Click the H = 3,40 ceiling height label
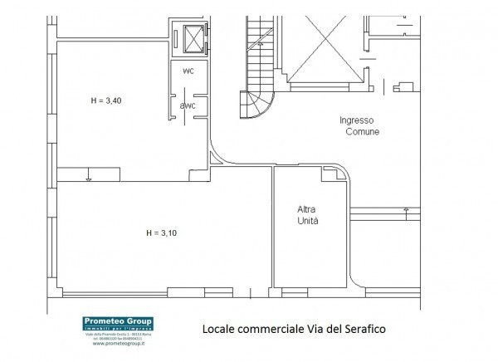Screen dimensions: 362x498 tap(105, 100)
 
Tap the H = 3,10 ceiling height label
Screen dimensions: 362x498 tap(161, 232)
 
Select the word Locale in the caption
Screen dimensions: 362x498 tap(219, 328)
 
